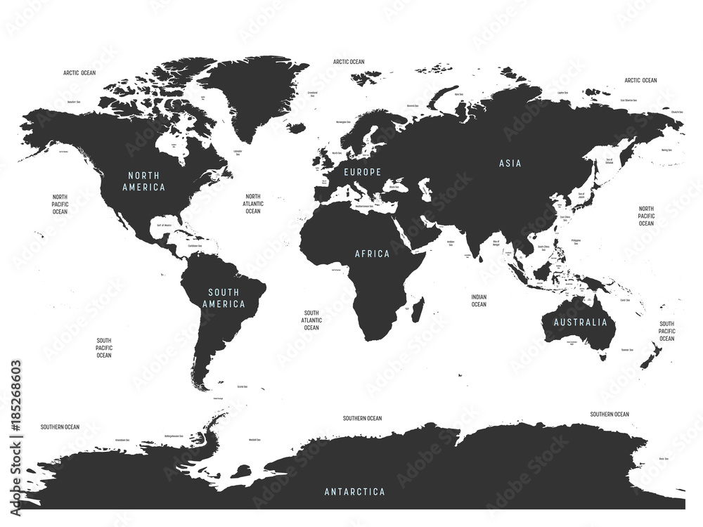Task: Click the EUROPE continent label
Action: pos(363,172)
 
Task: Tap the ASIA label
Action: pos(510,163)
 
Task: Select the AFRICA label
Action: pos(373,254)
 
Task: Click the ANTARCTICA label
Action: pos(354,491)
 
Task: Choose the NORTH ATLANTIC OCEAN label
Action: pos(253,204)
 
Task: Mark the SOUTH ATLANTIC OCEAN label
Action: pos(311,320)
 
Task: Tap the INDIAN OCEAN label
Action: pos(479,301)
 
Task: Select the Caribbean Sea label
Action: pos(195,247)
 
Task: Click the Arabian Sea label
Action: pos(450,242)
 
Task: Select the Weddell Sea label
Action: pos(254,441)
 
